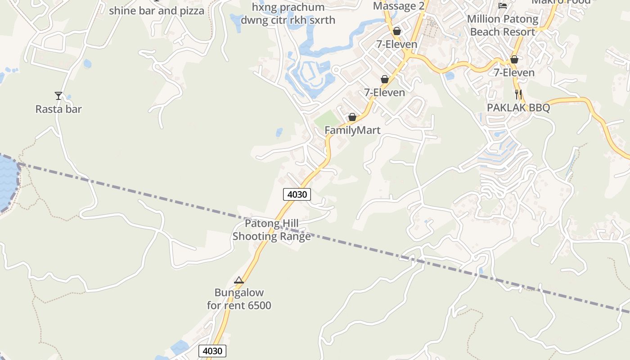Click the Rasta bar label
coord(58,109)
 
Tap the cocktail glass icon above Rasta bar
coord(58,95)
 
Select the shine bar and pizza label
coord(157,11)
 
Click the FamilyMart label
coord(352,130)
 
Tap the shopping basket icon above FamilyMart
coord(352,117)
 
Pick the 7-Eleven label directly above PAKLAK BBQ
coord(514,72)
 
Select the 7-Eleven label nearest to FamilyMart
coord(384,92)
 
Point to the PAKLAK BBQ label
coord(518,108)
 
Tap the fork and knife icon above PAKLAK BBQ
coord(518,94)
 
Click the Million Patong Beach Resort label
coord(503,25)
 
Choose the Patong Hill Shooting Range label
coord(271,230)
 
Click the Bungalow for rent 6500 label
coord(239,299)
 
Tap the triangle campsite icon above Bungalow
coord(239,280)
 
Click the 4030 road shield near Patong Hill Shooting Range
coord(297,194)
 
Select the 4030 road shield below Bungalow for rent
coord(212,351)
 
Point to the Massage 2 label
coord(399,6)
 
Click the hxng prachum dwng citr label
coord(288,14)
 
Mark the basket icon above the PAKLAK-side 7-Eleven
coord(514,59)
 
